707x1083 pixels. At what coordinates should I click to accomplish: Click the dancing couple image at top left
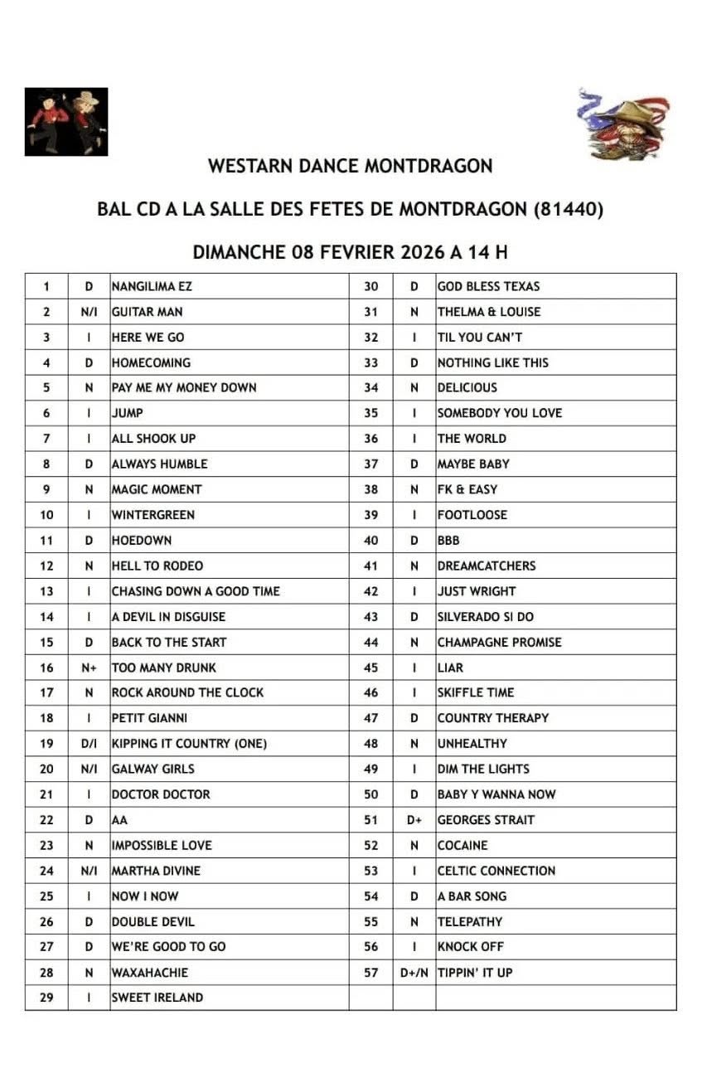pos(66,121)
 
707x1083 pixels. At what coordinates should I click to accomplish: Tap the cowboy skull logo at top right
pos(623,124)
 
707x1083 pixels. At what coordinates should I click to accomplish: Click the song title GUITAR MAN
pos(148,312)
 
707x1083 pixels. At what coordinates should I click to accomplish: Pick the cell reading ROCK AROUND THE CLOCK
pos(187,692)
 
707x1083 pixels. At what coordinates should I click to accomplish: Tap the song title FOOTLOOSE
pos(472,515)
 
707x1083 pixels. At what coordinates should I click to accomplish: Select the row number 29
pos(46,998)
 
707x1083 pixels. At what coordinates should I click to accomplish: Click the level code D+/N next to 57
pos(414,972)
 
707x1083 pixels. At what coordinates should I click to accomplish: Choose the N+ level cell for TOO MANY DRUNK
pos(90,668)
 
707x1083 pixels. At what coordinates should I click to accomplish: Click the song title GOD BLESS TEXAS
pos(489,286)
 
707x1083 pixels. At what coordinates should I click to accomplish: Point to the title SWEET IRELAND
pos(157,998)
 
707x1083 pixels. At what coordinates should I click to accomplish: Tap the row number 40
pos(371,541)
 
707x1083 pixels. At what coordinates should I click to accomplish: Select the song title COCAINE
pos(462,845)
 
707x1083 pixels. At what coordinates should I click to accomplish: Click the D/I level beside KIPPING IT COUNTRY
pos(90,744)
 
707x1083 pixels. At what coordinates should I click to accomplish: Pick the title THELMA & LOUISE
pos(489,312)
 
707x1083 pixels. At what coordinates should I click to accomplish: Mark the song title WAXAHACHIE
pos(150,972)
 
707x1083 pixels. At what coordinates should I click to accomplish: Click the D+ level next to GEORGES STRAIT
pos(414,820)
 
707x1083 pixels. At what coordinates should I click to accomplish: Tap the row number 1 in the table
pos(46,286)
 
